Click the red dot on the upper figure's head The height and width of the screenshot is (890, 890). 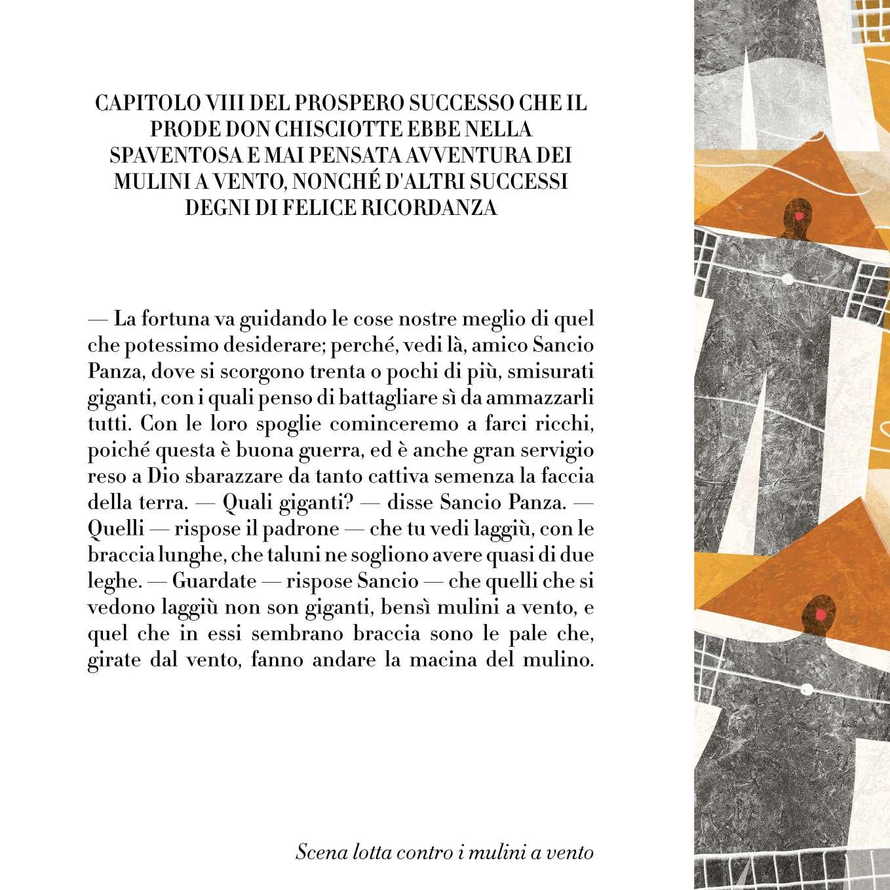[798, 216]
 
